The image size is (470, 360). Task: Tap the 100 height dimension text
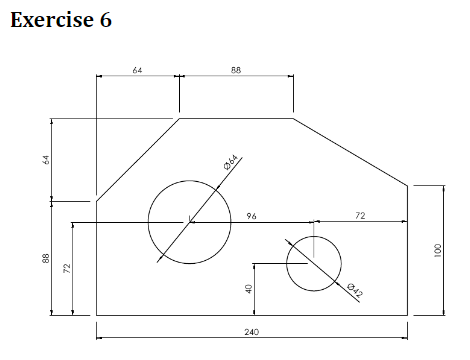pyautogui.click(x=437, y=250)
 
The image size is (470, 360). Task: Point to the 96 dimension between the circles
pyautogui.click(x=251, y=214)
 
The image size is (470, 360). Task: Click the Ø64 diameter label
pyautogui.click(x=229, y=163)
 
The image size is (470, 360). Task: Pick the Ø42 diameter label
pyautogui.click(x=353, y=291)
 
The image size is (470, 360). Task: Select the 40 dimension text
pyautogui.click(x=248, y=288)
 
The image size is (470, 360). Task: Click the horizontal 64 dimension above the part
pyautogui.click(x=137, y=70)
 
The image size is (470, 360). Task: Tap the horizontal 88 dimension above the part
pyautogui.click(x=236, y=70)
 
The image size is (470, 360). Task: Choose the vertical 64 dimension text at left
pyautogui.click(x=45, y=160)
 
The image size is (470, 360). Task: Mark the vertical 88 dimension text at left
pyautogui.click(x=45, y=258)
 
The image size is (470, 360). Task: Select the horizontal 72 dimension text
pyautogui.click(x=360, y=214)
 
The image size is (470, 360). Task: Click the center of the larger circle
pyautogui.click(x=190, y=222)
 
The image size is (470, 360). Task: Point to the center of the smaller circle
pyautogui.click(x=314, y=264)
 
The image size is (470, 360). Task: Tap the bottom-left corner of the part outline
pyautogui.click(x=96, y=315)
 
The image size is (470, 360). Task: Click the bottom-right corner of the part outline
pyautogui.click(x=408, y=315)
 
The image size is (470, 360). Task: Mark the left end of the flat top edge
pyautogui.click(x=179, y=118)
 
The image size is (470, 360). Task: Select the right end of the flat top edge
pyautogui.click(x=293, y=118)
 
